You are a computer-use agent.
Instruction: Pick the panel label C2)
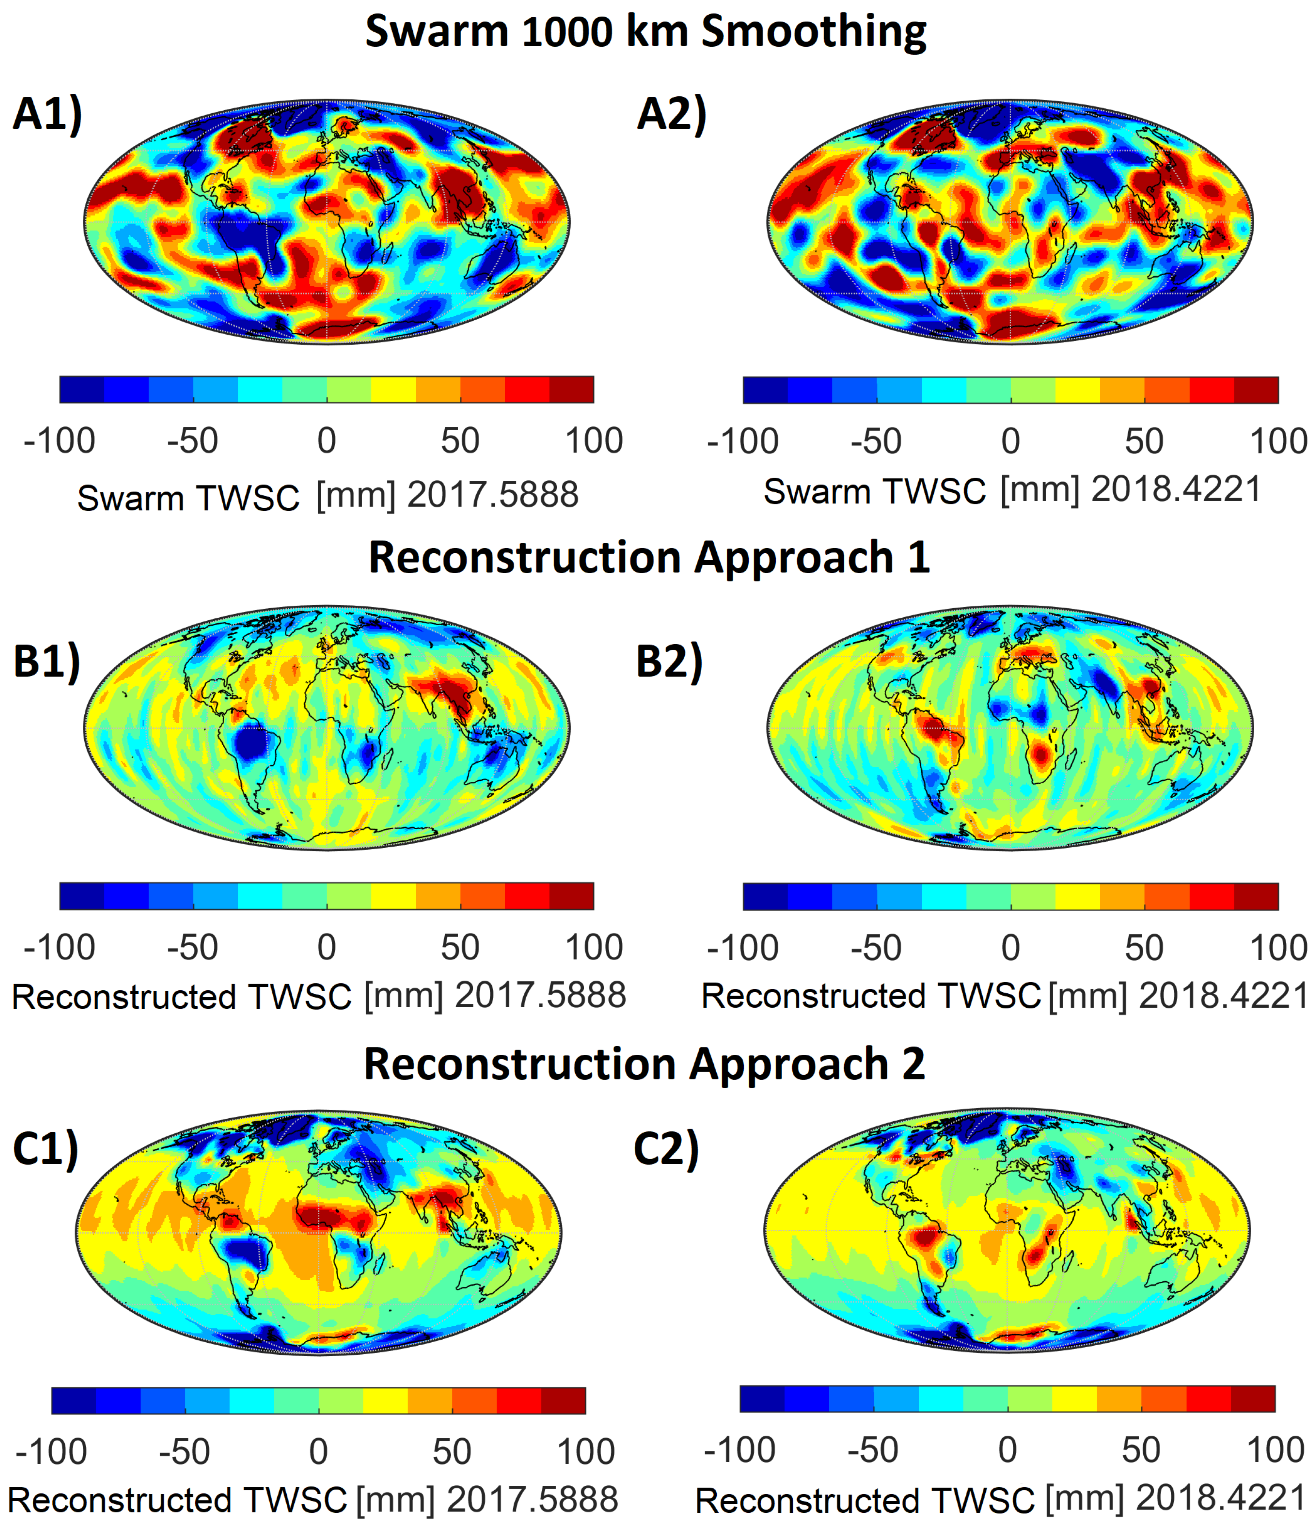tap(666, 1149)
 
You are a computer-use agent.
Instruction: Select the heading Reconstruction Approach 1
tap(649, 557)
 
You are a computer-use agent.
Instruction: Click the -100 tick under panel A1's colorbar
tap(59, 440)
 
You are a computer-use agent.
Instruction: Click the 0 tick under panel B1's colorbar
tap(327, 947)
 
